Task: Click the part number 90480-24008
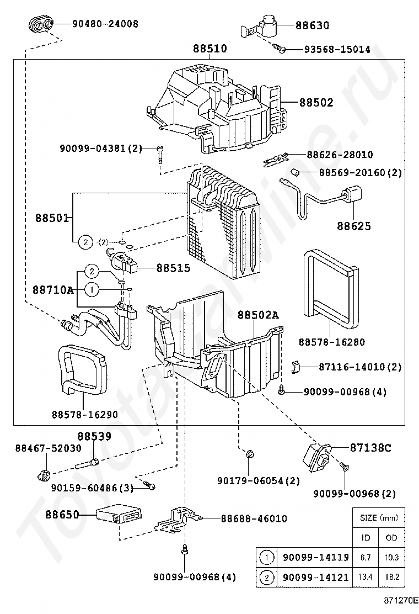pos(105,24)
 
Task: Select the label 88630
pos(312,25)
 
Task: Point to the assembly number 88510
pos(209,49)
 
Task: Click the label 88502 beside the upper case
pos(316,102)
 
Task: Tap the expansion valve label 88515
pos(173,268)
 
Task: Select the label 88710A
pos(53,289)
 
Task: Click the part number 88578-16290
pos(85,414)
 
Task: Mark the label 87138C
pos(370,447)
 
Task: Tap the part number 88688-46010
pos(254,518)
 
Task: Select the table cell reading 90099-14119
pos(315,558)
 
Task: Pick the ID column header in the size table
pos(366,537)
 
